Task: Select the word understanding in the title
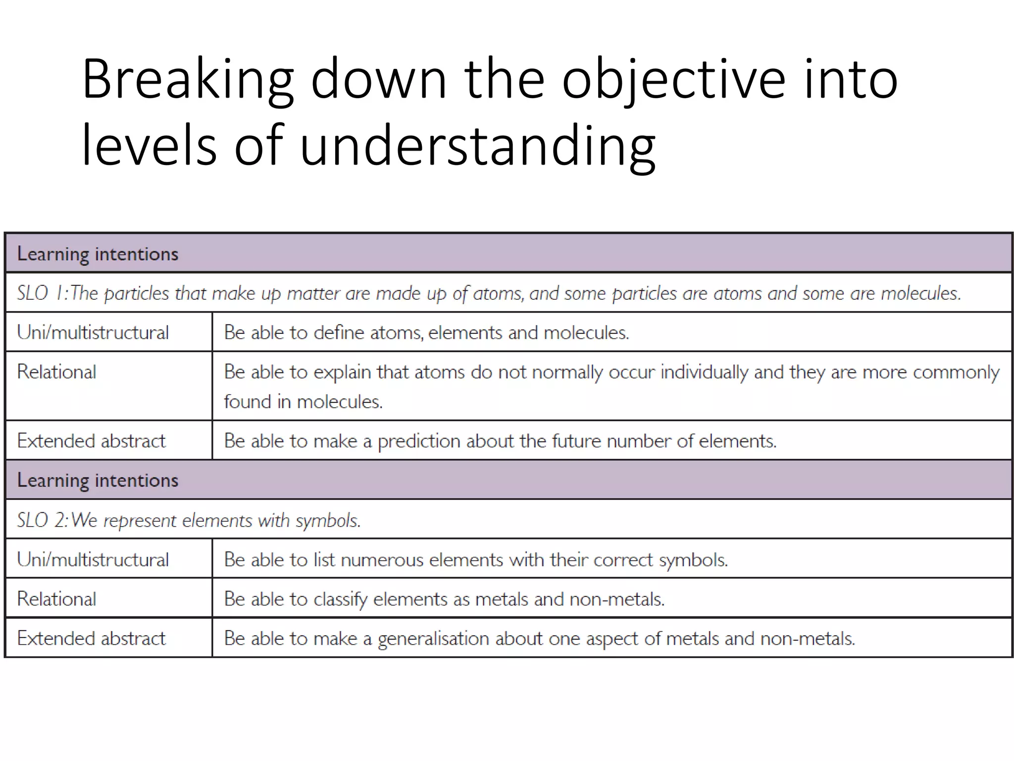pyautogui.click(x=478, y=147)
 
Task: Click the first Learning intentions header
pyautogui.click(x=98, y=254)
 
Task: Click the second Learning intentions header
pyautogui.click(x=98, y=481)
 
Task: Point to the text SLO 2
pyautogui.click(x=41, y=520)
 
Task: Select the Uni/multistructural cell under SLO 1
pyautogui.click(x=93, y=332)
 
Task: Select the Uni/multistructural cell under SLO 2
pyautogui.click(x=93, y=560)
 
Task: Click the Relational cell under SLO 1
pyautogui.click(x=57, y=372)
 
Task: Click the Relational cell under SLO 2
pyautogui.click(x=57, y=599)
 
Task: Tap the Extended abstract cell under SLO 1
pyautogui.click(x=92, y=441)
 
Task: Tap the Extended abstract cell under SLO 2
pyautogui.click(x=92, y=639)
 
